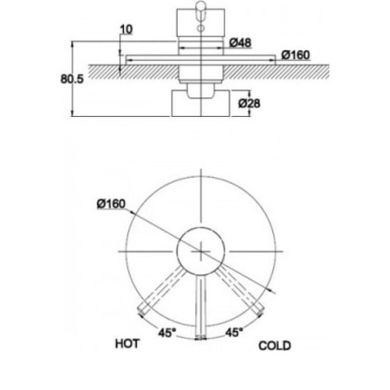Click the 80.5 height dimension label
[x=72, y=79]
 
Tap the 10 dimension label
[x=126, y=30]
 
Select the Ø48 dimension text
[x=240, y=43]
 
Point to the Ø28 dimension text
[x=249, y=104]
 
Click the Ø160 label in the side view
[x=296, y=55]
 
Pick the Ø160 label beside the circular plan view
[x=111, y=204]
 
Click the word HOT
[x=127, y=343]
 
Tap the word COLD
[x=275, y=346]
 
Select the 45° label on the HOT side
[x=167, y=333]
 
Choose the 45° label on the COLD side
[x=234, y=332]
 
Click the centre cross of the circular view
[x=201, y=251]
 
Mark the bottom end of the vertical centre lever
[x=200, y=337]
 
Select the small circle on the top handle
[x=200, y=28]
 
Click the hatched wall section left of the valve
[x=133, y=72]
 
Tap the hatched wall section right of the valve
[x=276, y=72]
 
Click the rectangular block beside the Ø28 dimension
[x=200, y=103]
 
